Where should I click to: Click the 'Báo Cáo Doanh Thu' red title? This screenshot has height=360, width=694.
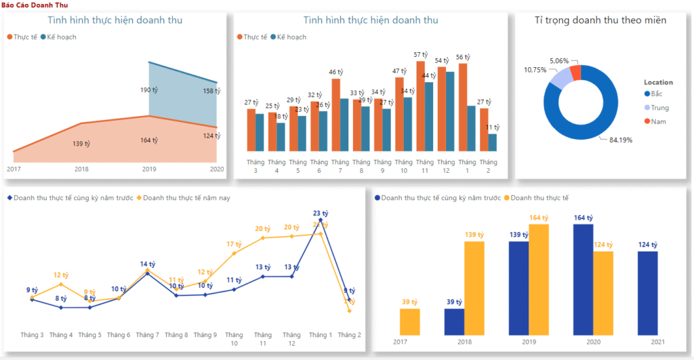pos(30,5)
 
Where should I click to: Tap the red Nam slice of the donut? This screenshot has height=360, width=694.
pos(576,72)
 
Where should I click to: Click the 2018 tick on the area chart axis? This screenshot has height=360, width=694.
pos(81,169)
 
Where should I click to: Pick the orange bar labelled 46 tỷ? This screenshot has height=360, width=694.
pos(335,115)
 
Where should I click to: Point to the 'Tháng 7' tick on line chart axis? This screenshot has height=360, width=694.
pos(147,335)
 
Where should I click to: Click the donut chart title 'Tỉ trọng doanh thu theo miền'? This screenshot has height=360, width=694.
pos(600,20)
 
